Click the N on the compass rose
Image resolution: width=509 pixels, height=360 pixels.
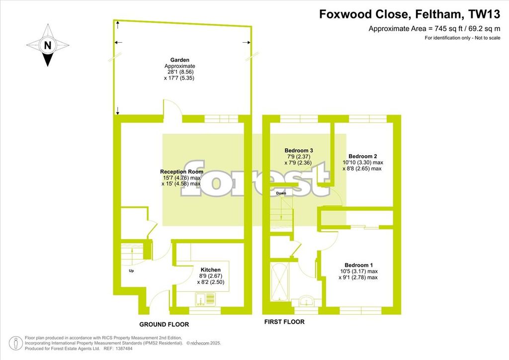48,45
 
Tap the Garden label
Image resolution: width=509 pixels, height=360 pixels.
179,60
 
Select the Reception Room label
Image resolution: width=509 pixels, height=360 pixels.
182,172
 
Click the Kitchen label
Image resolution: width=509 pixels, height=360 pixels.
211,270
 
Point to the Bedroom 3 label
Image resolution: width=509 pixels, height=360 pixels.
299,150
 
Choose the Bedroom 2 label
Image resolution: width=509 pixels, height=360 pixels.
362,156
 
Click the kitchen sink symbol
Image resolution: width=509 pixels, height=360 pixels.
205,299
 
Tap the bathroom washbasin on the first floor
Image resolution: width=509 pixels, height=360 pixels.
306,300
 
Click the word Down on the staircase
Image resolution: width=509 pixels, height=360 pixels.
281,193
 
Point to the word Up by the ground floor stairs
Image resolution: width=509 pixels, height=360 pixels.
131,270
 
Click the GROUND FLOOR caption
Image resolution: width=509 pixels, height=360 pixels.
164,324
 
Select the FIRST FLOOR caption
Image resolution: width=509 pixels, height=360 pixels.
284,322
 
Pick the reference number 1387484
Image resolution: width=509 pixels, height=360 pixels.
122,349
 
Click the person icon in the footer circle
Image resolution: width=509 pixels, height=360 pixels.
15,343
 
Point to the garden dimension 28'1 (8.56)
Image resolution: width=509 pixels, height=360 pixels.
179,72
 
